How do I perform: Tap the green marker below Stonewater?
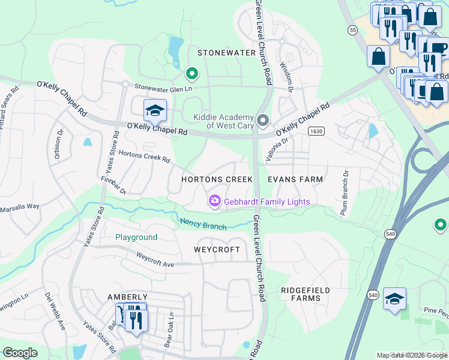point(192,74)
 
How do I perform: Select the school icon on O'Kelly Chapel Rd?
point(154,110)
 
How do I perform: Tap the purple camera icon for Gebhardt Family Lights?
point(214,202)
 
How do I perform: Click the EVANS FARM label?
point(295,179)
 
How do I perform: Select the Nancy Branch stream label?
point(203,224)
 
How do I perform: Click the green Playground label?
point(136,238)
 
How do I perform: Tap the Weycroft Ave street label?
point(154,259)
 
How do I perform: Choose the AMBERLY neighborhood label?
point(127,297)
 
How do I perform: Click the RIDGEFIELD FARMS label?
point(305,294)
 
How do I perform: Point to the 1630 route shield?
point(316,131)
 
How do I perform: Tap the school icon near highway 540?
point(394,299)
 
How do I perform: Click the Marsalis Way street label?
point(20,206)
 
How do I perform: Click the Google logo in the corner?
point(20,353)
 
